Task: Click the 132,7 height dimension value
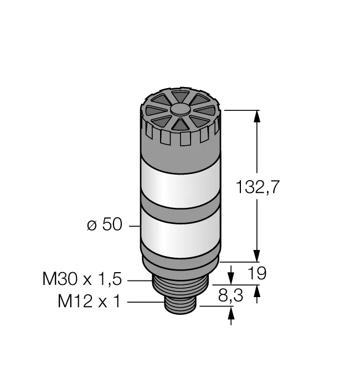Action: (258, 187)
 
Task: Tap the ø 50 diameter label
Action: (105, 224)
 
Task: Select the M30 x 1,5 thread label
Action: (83, 279)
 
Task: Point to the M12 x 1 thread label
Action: (89, 301)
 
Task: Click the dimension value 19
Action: (257, 273)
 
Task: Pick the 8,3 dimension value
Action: (231, 295)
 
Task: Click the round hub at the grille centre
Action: (181, 110)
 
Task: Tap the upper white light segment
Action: (181, 182)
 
